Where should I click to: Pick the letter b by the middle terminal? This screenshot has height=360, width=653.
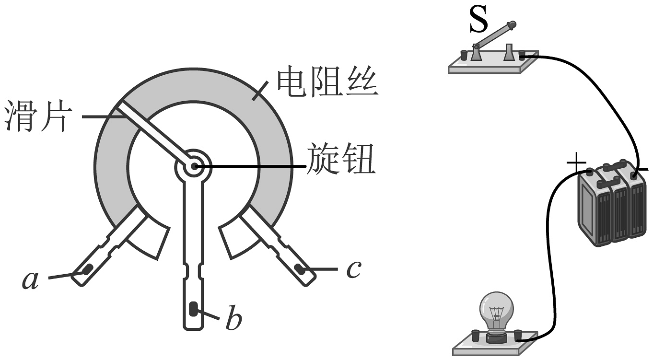[233, 321]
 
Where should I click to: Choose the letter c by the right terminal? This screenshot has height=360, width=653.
[353, 270]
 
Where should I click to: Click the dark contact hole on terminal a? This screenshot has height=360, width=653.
[87, 270]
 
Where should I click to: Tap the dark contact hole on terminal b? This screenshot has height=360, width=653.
[193, 309]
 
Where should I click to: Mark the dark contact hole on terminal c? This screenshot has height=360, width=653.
[301, 268]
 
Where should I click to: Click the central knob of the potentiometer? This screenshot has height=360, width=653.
[193, 166]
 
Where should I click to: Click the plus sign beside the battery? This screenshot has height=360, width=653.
[576, 164]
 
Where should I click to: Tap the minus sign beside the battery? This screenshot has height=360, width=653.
[643, 169]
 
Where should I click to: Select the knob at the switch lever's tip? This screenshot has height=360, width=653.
[511, 23]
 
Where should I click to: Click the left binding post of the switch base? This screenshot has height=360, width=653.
[464, 55]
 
